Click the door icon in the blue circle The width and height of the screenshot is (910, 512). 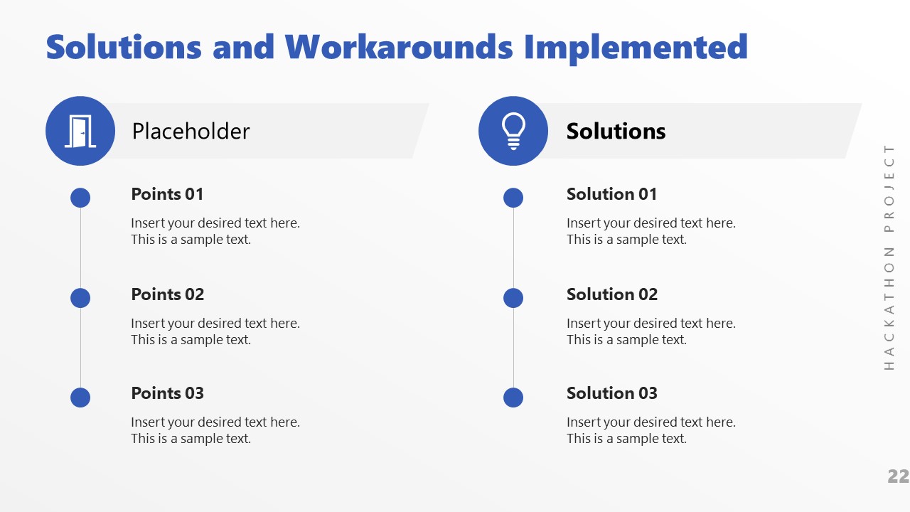[80, 131]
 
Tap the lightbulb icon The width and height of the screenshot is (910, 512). [513, 131]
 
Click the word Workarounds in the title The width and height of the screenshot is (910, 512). [399, 47]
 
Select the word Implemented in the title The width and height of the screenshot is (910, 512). [636, 47]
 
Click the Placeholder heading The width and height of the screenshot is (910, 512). [191, 131]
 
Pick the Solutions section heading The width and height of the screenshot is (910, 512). [616, 131]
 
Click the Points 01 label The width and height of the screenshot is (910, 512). [167, 194]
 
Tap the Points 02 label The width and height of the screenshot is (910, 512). [167, 294]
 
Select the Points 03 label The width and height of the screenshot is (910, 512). [167, 393]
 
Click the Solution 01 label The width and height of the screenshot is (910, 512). [611, 194]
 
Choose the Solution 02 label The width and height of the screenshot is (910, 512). [611, 294]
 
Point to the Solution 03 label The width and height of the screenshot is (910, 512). [611, 393]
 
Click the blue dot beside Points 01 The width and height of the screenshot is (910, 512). [80, 198]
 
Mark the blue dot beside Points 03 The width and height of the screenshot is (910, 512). [80, 398]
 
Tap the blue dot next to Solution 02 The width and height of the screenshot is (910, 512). [513, 298]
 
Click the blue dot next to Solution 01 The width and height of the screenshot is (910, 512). [513, 198]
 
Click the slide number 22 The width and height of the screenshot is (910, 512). [898, 476]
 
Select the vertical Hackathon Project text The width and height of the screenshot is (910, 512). [889, 257]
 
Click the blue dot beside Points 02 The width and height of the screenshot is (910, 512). [80, 298]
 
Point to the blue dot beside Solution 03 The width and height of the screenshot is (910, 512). [513, 398]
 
